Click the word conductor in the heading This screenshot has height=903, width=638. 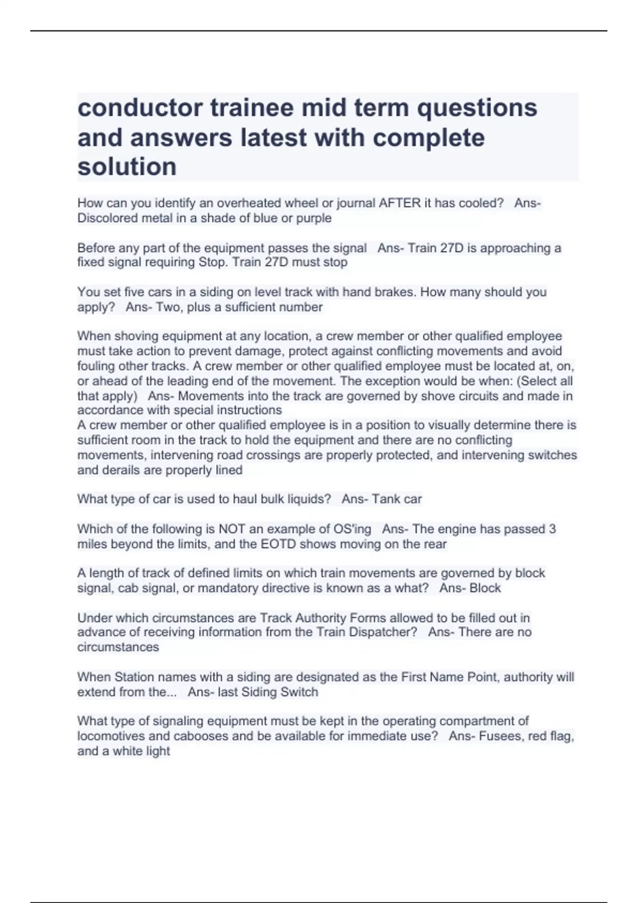(139, 108)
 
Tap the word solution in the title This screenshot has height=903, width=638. (127, 166)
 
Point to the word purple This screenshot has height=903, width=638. (314, 218)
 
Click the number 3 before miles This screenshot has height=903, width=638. (552, 529)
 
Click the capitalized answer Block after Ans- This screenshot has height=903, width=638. (485, 588)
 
